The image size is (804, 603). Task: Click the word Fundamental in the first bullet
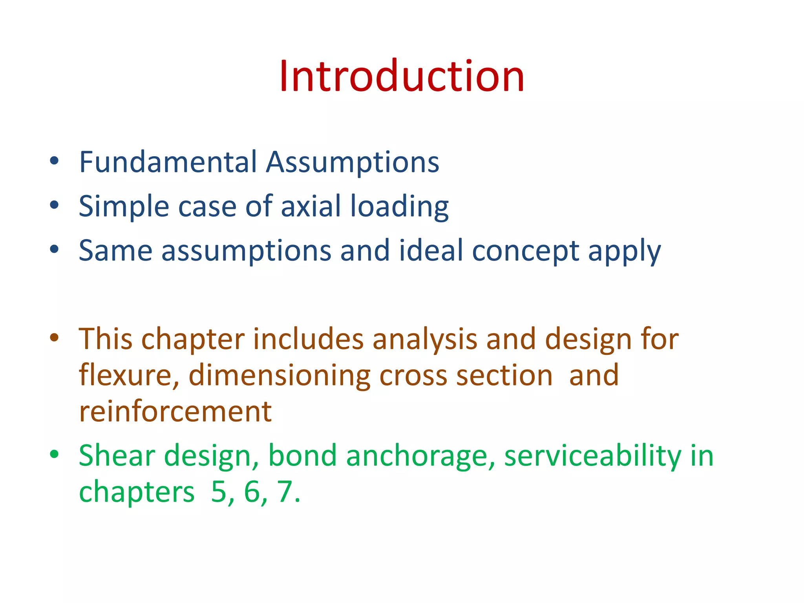coord(168,162)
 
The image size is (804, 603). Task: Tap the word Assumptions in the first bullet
coord(352,163)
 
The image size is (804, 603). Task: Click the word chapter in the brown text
coord(193,339)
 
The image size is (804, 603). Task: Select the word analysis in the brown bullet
coord(425,339)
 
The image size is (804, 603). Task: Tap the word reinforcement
coord(175,411)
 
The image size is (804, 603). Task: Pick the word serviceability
coord(593,456)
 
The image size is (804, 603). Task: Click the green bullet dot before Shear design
coord(54,454)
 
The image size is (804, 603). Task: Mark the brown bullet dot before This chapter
coord(54,338)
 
